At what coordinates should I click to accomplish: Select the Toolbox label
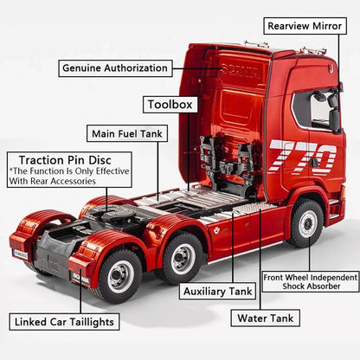pos(170,105)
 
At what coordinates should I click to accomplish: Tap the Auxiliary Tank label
pos(217,292)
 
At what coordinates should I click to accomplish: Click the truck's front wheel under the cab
pos(306,223)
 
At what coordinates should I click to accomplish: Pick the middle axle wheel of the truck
pos(183,259)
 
